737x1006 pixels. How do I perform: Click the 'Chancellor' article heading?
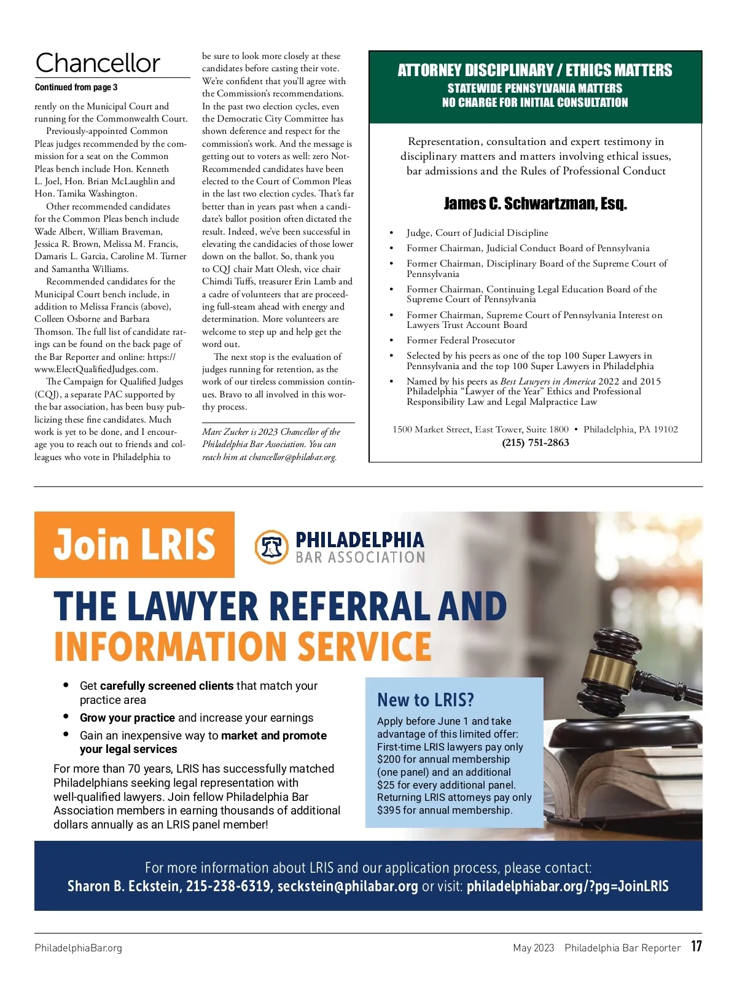click(x=98, y=63)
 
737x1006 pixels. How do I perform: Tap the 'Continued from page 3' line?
click(x=76, y=87)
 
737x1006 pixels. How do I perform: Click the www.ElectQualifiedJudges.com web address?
click(x=96, y=369)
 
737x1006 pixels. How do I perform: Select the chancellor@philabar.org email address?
click(x=292, y=457)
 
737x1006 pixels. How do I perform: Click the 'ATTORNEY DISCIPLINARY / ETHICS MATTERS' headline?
click(x=535, y=71)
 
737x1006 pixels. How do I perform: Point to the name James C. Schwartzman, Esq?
click(x=535, y=204)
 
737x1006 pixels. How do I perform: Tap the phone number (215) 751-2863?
click(x=536, y=443)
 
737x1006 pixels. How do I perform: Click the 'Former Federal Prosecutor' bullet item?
click(x=461, y=340)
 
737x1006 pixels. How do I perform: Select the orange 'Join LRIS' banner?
click(x=135, y=545)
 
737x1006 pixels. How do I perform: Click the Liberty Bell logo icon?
click(x=271, y=547)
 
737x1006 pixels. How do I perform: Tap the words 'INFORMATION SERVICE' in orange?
click(x=243, y=647)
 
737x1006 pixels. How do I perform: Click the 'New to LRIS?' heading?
click(x=426, y=700)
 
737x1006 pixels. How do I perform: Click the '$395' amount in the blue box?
click(x=389, y=810)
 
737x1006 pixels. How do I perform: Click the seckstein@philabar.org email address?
click(x=348, y=886)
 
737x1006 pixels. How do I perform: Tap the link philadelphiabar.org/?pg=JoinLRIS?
click(x=567, y=886)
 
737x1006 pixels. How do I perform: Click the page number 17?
click(x=696, y=946)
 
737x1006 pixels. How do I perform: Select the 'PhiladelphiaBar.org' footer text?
click(x=79, y=948)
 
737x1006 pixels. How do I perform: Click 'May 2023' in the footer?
click(x=533, y=948)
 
